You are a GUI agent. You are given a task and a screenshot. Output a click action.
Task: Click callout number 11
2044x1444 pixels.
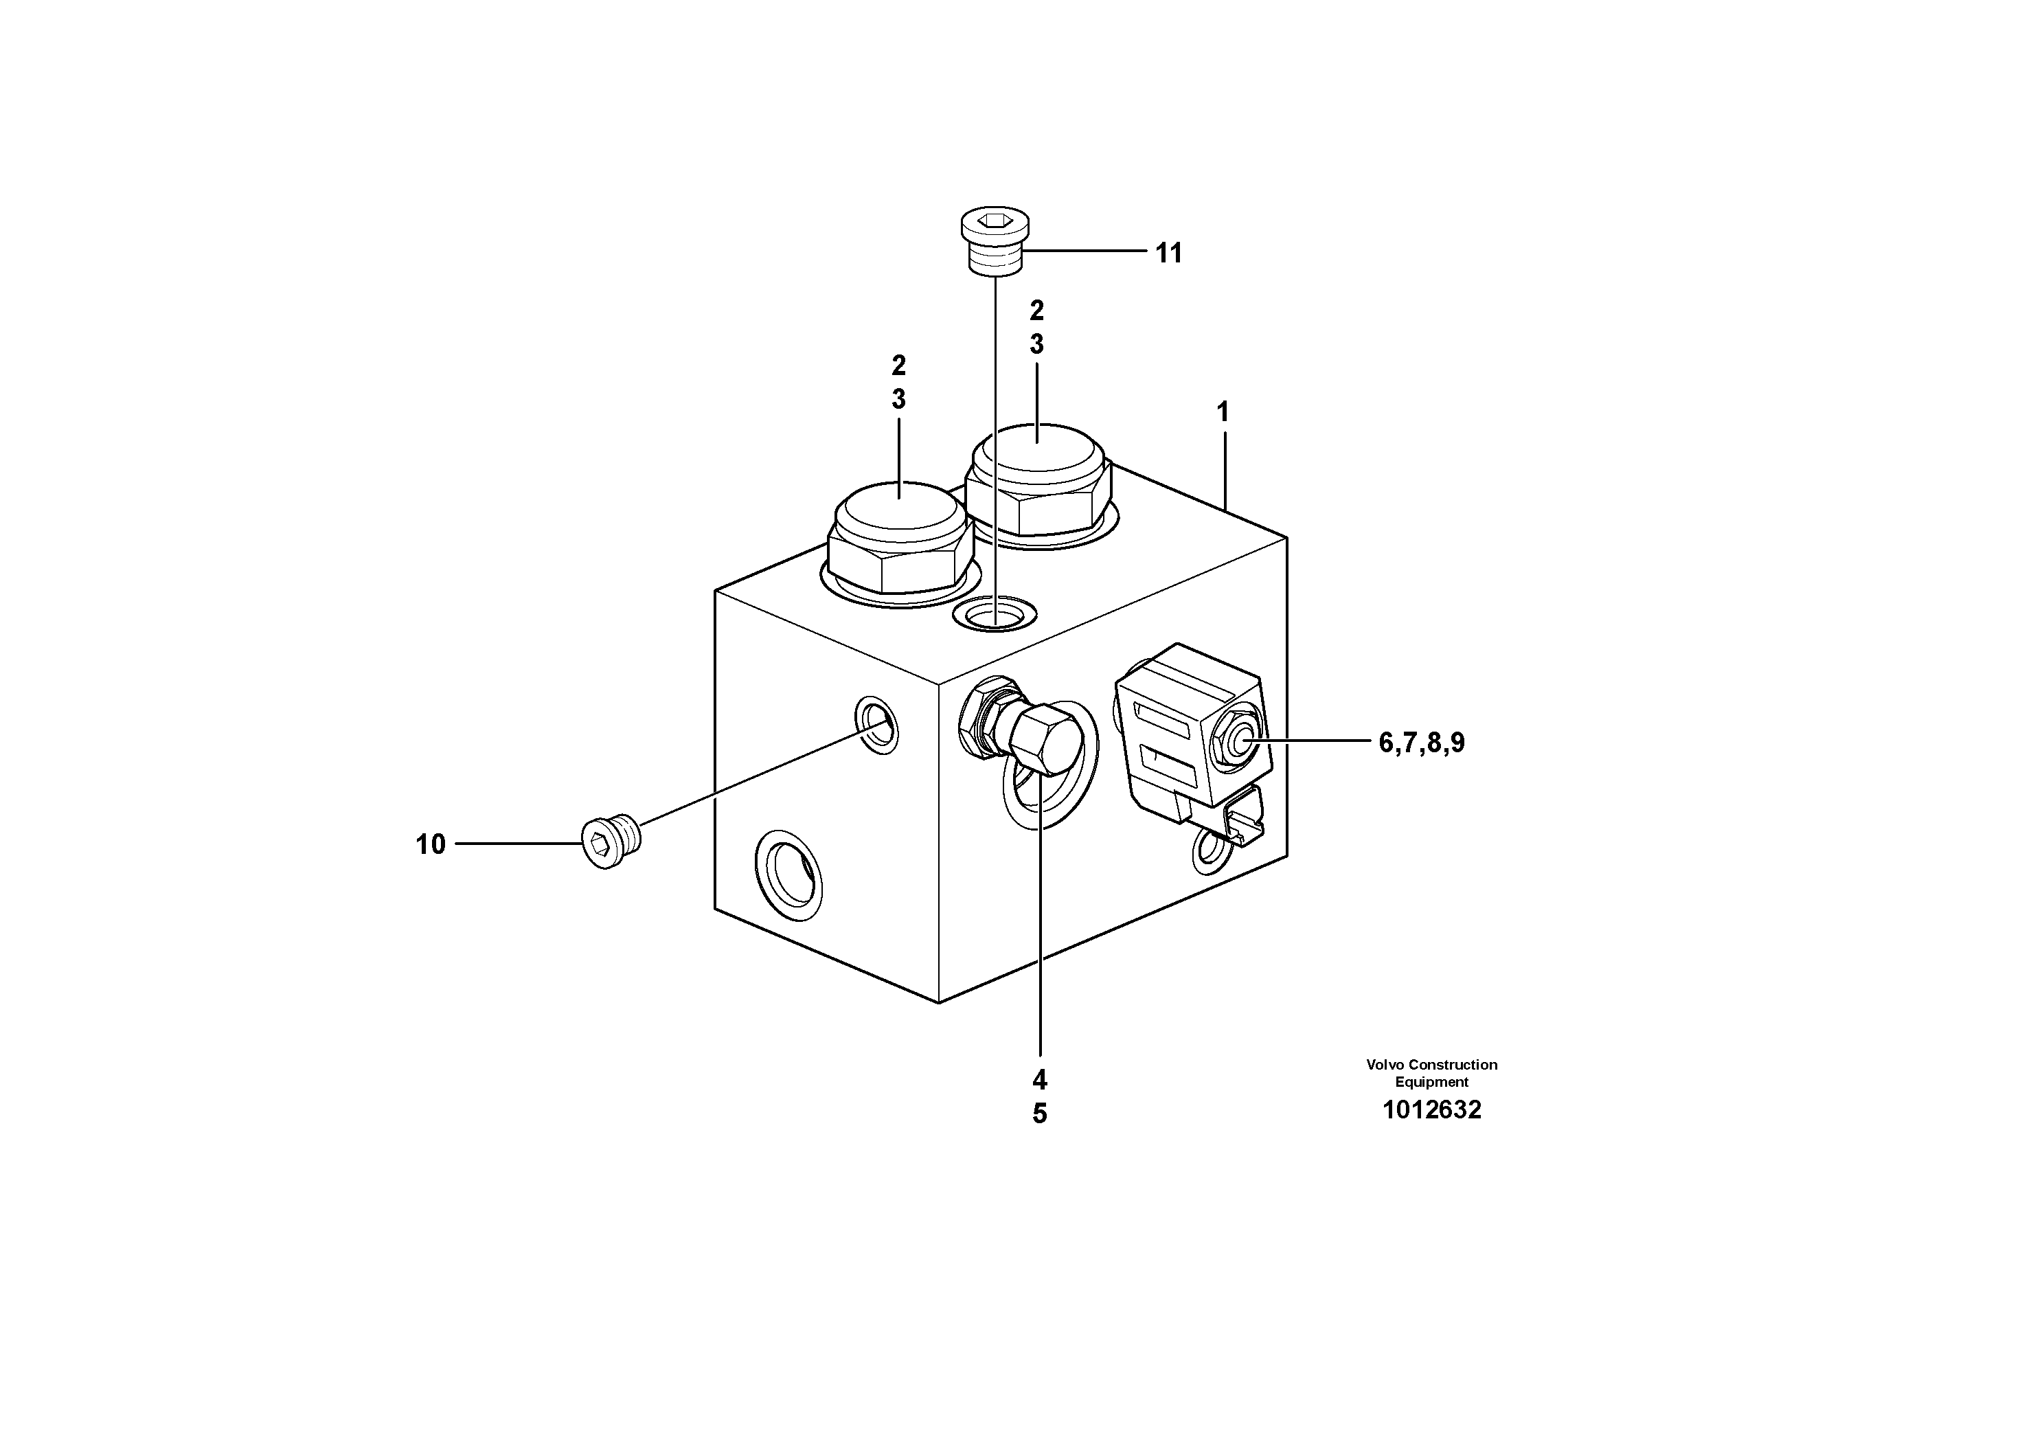click(x=1168, y=253)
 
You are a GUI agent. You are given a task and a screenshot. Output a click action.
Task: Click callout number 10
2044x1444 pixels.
click(x=430, y=844)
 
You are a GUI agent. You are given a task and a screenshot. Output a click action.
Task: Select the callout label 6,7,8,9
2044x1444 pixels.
click(x=1421, y=742)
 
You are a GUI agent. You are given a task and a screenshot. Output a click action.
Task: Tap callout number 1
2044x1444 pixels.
click(x=1223, y=412)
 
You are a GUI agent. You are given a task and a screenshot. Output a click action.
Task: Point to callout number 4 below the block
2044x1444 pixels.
click(x=1040, y=1080)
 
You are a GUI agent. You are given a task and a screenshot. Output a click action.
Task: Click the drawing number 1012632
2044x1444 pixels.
click(x=1431, y=1110)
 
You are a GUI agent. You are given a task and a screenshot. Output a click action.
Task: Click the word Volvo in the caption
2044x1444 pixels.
click(x=1383, y=1065)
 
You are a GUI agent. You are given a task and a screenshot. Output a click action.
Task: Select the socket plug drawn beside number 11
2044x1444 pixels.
click(x=995, y=238)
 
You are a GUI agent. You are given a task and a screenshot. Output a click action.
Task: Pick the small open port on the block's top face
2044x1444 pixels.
click(x=995, y=613)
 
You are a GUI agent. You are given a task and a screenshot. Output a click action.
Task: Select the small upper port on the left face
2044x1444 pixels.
click(x=876, y=724)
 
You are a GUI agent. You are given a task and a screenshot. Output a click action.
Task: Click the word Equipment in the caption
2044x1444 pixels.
click(x=1431, y=1082)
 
